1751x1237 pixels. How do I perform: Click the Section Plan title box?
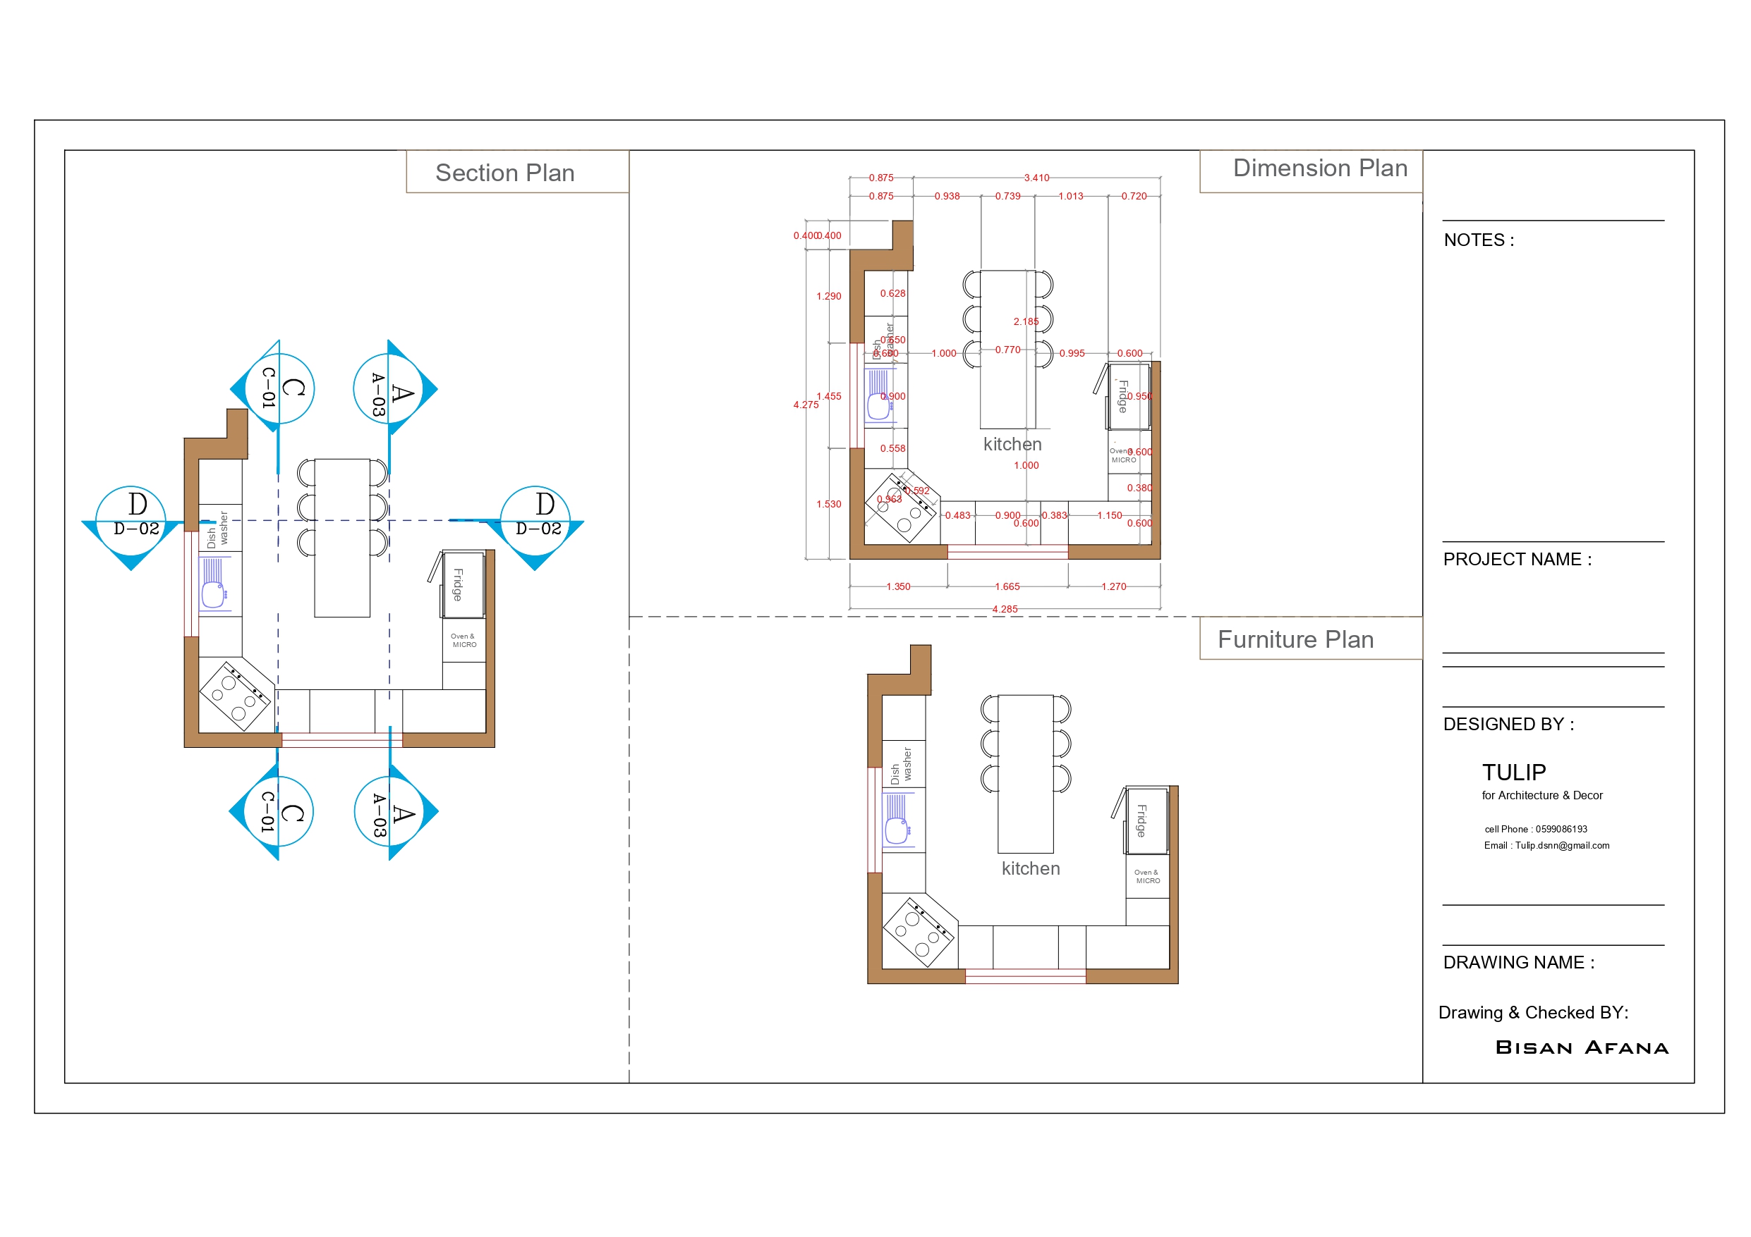click(x=505, y=173)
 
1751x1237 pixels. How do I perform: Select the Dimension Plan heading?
click(x=1319, y=168)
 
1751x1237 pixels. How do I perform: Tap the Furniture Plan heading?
click(x=1295, y=639)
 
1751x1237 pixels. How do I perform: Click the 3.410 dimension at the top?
click(x=1036, y=178)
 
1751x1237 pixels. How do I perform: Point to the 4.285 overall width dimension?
click(x=1005, y=609)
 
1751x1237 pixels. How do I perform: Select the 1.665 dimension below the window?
click(x=1007, y=586)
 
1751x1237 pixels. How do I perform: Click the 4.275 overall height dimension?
click(x=806, y=405)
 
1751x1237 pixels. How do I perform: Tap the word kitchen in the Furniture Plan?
click(x=1030, y=868)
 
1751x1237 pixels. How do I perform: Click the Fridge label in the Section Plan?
click(x=458, y=584)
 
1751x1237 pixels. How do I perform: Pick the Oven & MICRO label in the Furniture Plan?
click(x=1147, y=877)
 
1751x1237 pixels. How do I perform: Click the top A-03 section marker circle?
click(x=389, y=388)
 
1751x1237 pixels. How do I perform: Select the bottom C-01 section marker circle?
click(x=279, y=812)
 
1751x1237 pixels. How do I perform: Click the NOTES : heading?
click(x=1478, y=240)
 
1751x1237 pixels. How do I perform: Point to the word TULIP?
click(x=1513, y=772)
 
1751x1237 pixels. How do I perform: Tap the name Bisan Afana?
click(x=1582, y=1047)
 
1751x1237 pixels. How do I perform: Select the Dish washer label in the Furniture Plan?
click(x=901, y=765)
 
